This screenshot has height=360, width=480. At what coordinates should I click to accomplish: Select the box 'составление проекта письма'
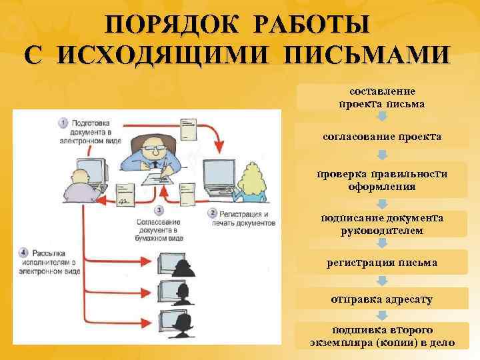coord(382,97)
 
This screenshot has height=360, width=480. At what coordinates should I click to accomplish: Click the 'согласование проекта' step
coord(382,136)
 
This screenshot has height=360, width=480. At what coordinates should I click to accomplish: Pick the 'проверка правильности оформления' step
coord(382,180)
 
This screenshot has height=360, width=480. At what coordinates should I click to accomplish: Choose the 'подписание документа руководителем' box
coord(382,224)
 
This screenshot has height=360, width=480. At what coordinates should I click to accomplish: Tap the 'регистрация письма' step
coord(382,263)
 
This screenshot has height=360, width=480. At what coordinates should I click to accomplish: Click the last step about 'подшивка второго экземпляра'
coord(382,337)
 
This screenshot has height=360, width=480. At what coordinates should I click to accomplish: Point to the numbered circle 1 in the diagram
coord(63,123)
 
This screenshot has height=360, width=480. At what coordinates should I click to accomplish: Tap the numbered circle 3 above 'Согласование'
coord(157,209)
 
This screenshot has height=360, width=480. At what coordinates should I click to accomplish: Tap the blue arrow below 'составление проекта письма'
coord(382,116)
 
